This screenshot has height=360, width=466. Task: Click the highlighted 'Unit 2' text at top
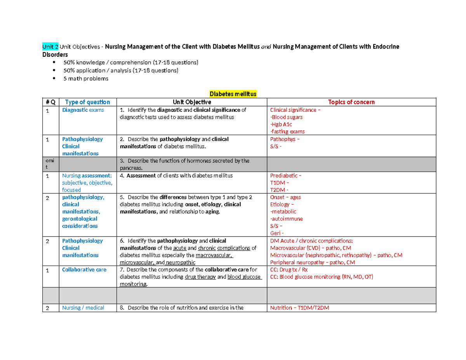(x=50, y=47)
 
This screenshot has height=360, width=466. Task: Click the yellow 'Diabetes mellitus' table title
(x=233, y=94)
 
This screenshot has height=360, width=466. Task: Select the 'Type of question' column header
(x=87, y=102)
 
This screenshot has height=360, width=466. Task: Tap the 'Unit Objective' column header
(x=192, y=102)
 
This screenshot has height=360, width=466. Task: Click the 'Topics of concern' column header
(x=351, y=102)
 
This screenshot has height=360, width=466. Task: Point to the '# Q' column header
(x=50, y=102)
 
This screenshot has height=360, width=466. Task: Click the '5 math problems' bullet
(x=86, y=78)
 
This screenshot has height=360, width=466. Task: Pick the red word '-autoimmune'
(x=287, y=219)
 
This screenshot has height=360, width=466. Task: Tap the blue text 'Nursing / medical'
(x=83, y=308)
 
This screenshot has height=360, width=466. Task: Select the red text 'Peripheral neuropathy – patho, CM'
(x=313, y=263)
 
